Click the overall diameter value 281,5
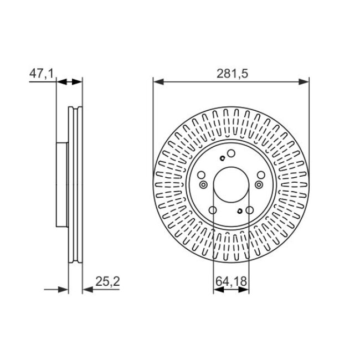tap(233, 74)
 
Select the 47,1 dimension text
tap(42, 74)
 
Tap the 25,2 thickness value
tap(107, 281)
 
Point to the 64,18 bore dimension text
tap(231, 281)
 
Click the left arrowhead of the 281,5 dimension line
tap(158, 81)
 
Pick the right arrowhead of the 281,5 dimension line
tap(304, 81)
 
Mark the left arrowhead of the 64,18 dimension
tap(219, 290)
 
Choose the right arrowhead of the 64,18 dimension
tap(244, 290)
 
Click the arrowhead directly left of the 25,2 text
tap(88, 290)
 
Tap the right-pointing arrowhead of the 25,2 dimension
tap(63, 290)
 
